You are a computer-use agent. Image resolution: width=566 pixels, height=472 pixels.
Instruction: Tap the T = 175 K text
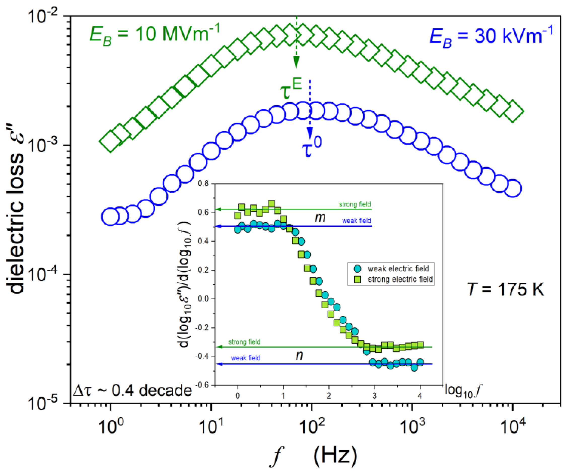[x=505, y=289]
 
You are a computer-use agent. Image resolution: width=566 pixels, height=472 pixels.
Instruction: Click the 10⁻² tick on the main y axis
[x=43, y=17]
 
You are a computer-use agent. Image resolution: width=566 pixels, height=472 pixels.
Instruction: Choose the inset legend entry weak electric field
[x=398, y=269]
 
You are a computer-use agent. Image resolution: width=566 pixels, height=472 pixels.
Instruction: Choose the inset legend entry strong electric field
[x=400, y=279]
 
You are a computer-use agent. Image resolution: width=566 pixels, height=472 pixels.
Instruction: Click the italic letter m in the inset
[x=320, y=218]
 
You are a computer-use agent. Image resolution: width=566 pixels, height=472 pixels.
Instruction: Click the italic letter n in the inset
[x=299, y=355]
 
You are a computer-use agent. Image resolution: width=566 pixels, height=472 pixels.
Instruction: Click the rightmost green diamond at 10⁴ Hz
[x=513, y=111]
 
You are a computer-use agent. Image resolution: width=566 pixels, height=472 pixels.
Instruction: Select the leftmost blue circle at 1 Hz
[x=110, y=217]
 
